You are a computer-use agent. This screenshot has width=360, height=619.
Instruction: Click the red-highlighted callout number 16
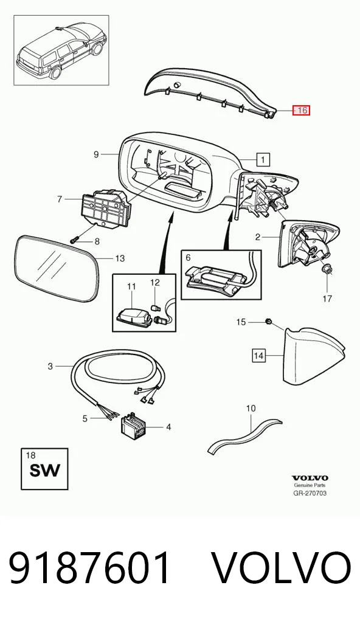point(301,110)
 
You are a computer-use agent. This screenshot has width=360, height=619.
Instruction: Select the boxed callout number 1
point(263,159)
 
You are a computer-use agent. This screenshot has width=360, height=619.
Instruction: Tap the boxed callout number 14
point(258,356)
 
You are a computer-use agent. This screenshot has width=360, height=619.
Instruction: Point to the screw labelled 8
point(75,238)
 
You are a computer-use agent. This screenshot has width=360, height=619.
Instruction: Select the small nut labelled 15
point(268,322)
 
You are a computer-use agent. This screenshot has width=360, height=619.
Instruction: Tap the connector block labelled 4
point(133,426)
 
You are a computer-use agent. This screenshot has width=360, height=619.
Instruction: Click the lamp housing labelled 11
point(134,316)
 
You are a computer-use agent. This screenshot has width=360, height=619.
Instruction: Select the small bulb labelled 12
point(155,306)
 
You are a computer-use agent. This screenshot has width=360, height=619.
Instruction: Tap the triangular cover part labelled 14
point(314,355)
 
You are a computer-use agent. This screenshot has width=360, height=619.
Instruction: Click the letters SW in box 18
point(44,471)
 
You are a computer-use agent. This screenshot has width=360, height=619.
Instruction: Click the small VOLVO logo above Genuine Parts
point(310,479)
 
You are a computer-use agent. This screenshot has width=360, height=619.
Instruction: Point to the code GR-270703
point(310,493)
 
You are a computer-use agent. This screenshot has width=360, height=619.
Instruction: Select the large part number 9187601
point(91,569)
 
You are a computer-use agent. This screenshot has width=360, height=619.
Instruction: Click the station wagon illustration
point(61,49)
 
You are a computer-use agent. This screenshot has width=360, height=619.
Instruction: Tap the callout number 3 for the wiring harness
point(50,366)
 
